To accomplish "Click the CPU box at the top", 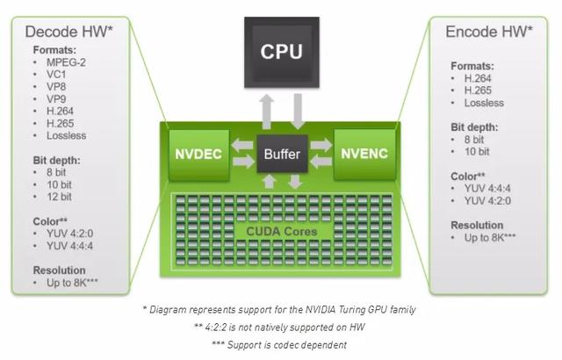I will (283, 51).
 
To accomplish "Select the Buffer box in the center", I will (282, 155).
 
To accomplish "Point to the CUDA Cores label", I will (282, 232).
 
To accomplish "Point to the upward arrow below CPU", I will (268, 109).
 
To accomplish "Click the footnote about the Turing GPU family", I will (281, 309).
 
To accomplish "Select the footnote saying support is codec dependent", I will (281, 343).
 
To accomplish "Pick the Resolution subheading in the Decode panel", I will (60, 270).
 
